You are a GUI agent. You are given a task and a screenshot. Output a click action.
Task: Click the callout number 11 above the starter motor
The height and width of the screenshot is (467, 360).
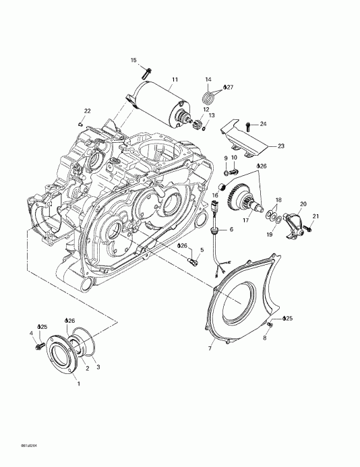[174, 80]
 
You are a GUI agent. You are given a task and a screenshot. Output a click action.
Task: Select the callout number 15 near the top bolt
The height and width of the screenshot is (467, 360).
[133, 61]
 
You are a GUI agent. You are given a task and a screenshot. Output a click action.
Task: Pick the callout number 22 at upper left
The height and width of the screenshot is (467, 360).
[86, 111]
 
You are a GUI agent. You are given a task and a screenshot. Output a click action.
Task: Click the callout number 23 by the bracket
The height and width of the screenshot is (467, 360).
[281, 145]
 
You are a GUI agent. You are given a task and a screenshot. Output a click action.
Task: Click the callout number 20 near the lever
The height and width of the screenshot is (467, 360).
[303, 204]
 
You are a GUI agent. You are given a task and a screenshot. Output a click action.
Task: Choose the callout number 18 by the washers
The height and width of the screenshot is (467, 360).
[278, 200]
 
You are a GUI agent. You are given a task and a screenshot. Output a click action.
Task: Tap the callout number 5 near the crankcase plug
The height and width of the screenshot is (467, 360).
[200, 249]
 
